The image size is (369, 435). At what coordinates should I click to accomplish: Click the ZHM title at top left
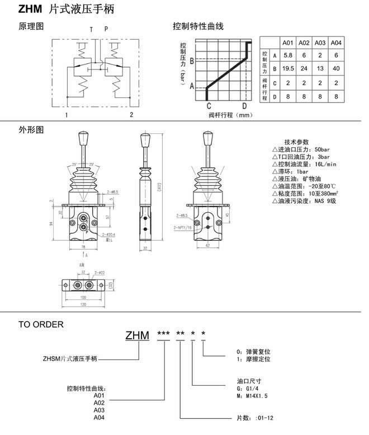tap(27, 9)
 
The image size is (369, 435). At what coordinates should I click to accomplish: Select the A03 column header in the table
tap(320, 42)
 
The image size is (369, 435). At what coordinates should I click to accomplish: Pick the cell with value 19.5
tap(288, 69)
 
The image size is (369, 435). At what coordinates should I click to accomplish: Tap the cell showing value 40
tap(336, 69)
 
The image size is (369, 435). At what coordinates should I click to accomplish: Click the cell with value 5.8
tap(288, 55)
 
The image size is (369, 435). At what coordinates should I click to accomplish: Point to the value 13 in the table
tap(320, 69)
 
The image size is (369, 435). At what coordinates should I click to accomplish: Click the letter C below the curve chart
tap(209, 106)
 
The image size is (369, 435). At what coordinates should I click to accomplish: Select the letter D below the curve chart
tap(244, 106)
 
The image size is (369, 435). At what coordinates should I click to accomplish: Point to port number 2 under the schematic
tap(131, 115)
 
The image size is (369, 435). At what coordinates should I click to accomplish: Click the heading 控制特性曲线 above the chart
tap(198, 26)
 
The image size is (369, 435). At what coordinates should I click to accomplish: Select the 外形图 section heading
tap(31, 130)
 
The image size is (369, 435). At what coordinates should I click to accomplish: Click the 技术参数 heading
tap(296, 142)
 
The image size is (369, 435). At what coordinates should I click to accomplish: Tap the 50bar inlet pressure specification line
tap(299, 149)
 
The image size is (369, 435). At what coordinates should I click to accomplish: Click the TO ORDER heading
tap(41, 324)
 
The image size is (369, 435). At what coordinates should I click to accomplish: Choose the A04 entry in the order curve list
tap(99, 417)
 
